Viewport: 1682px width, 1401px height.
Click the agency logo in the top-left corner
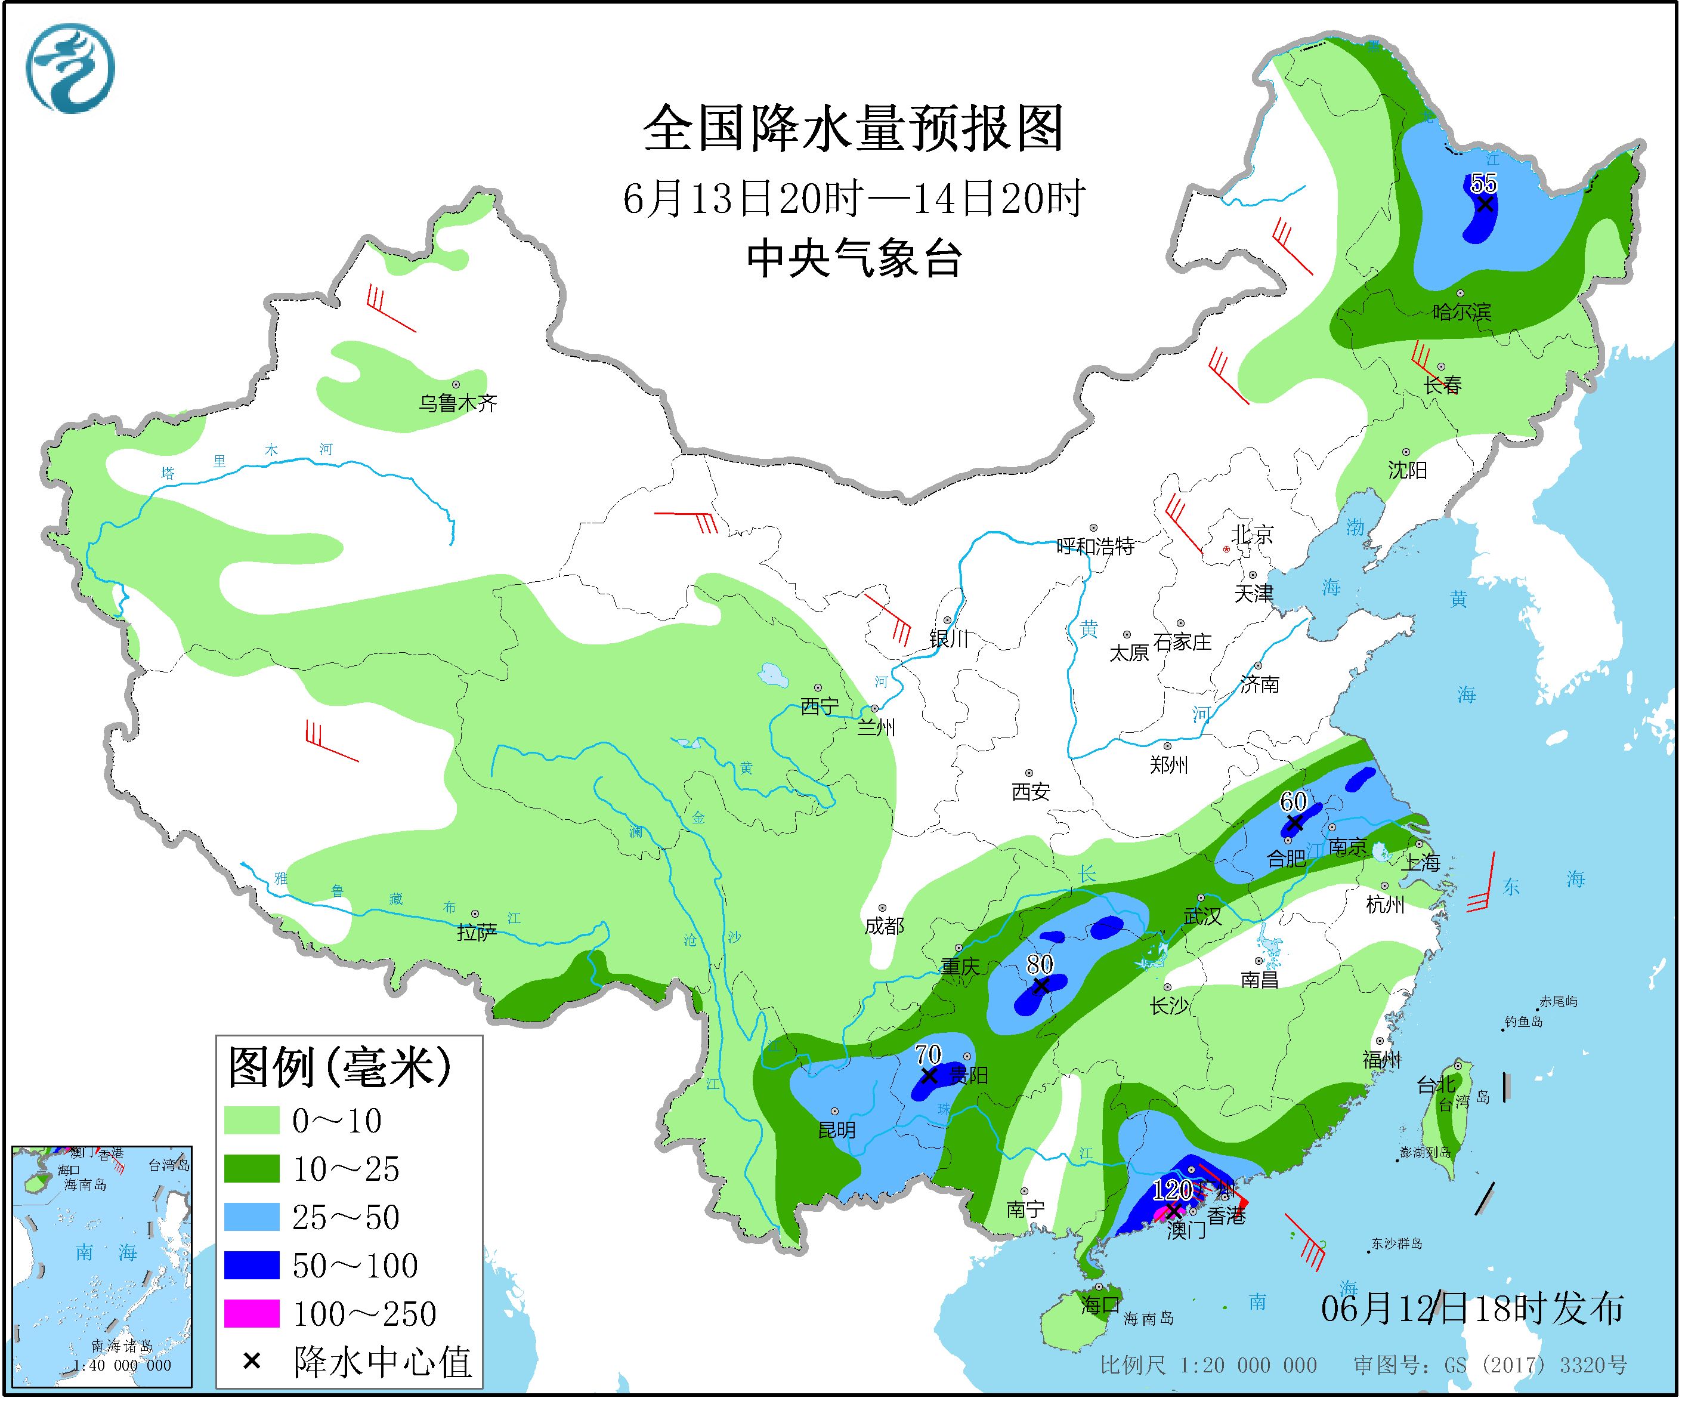70,68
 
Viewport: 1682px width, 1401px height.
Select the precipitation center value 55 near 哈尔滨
1483,183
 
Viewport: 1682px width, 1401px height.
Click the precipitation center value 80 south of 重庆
1039,964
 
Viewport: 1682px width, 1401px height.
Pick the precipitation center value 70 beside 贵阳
927,1054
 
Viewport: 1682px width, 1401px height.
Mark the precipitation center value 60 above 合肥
1293,801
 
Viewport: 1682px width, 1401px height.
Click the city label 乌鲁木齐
457,403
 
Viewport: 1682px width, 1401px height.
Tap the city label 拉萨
477,931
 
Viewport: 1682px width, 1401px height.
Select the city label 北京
1252,534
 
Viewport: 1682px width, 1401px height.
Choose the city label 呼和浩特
1095,547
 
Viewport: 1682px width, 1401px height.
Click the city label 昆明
836,1130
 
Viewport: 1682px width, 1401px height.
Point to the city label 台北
1435,1085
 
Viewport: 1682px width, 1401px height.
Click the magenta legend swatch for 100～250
252,1314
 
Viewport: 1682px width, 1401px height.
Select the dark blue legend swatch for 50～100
252,1266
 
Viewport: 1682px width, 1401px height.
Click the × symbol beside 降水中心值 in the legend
252,1361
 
